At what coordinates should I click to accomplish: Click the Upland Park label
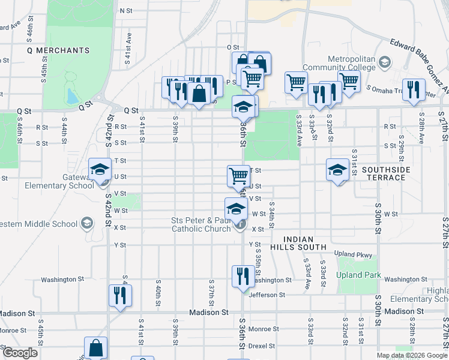(x=358, y=275)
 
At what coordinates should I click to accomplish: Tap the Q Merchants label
(x=58, y=50)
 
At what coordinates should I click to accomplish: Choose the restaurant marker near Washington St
(x=243, y=276)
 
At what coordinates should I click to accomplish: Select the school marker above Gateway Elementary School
(x=100, y=169)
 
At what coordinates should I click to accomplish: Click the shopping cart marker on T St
(x=238, y=176)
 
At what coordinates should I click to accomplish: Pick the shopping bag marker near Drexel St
(x=96, y=347)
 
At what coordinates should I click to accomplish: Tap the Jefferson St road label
(x=268, y=295)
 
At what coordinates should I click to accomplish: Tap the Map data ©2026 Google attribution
(x=412, y=355)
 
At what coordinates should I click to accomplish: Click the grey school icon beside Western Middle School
(x=88, y=224)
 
